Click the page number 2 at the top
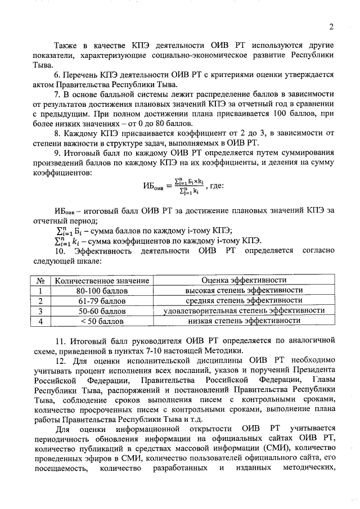click(x=332, y=26)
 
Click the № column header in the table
click(x=40, y=280)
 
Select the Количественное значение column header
click(x=102, y=280)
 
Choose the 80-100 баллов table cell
click(x=102, y=290)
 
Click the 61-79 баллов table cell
click(x=102, y=300)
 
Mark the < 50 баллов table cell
click(x=102, y=321)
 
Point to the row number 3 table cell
click(x=40, y=310)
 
